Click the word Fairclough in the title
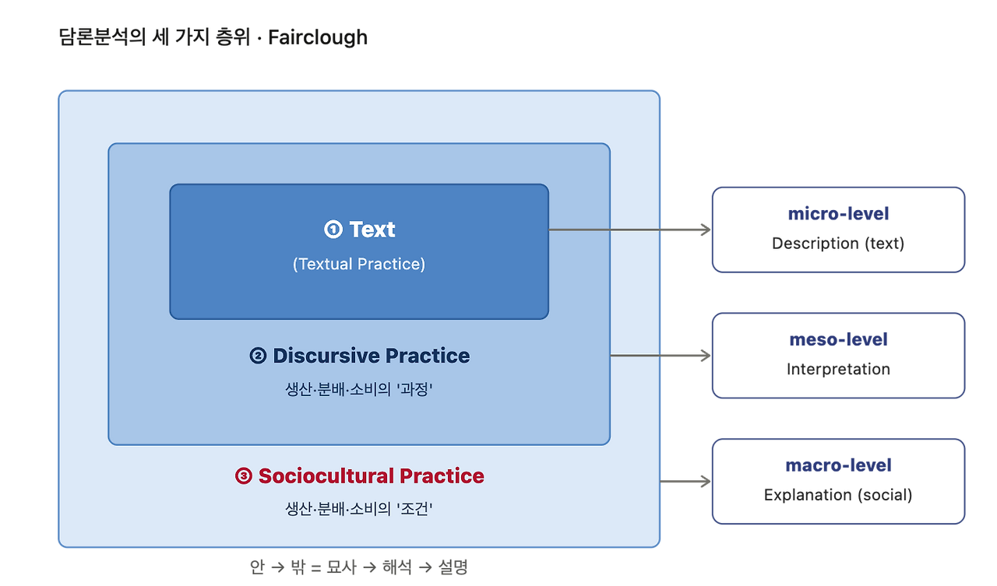pos(318,37)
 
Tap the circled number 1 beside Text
pos(333,230)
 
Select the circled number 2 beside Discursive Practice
pos(258,356)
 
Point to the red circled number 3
pos(244,475)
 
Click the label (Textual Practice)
pos(359,264)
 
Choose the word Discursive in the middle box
pos(326,356)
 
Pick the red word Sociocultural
pos(326,475)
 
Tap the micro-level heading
pos(839,214)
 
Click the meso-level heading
pos(839,339)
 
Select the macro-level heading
pos(839,465)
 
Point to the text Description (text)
pos(839,244)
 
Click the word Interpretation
pos(839,370)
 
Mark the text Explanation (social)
pos(839,495)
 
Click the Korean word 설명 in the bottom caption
pos(453,567)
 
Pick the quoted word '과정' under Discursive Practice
pos(414,389)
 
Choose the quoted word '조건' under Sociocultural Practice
pos(414,509)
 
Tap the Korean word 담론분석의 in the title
pos(102,37)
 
